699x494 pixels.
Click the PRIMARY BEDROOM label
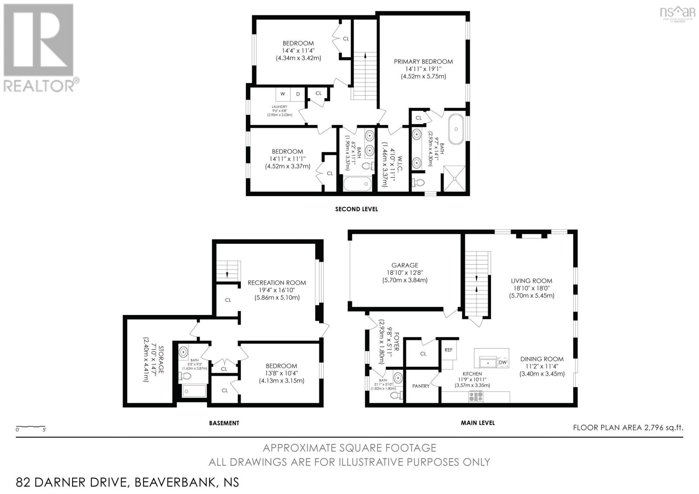point(423,62)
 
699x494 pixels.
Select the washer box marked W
point(283,94)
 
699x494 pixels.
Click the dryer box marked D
point(298,94)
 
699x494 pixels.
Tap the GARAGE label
point(405,265)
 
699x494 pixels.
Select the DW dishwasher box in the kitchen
point(502,363)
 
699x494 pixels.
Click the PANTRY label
point(421,386)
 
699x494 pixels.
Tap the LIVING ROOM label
point(531,281)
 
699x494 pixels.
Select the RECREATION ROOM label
point(277,283)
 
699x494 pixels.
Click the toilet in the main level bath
point(397,395)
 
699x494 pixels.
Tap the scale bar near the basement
point(31,427)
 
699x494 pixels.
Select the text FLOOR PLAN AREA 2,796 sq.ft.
point(628,428)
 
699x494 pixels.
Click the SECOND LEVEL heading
point(356,209)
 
